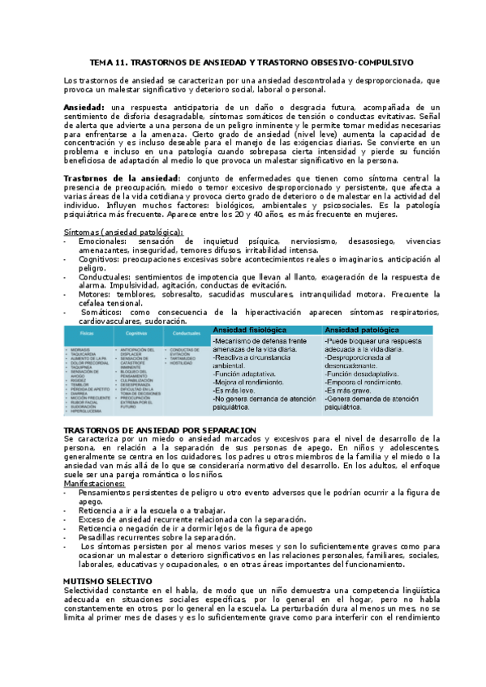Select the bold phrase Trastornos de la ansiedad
(x=120, y=177)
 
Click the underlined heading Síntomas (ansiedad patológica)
(x=124, y=233)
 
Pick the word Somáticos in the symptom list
(x=101, y=312)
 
